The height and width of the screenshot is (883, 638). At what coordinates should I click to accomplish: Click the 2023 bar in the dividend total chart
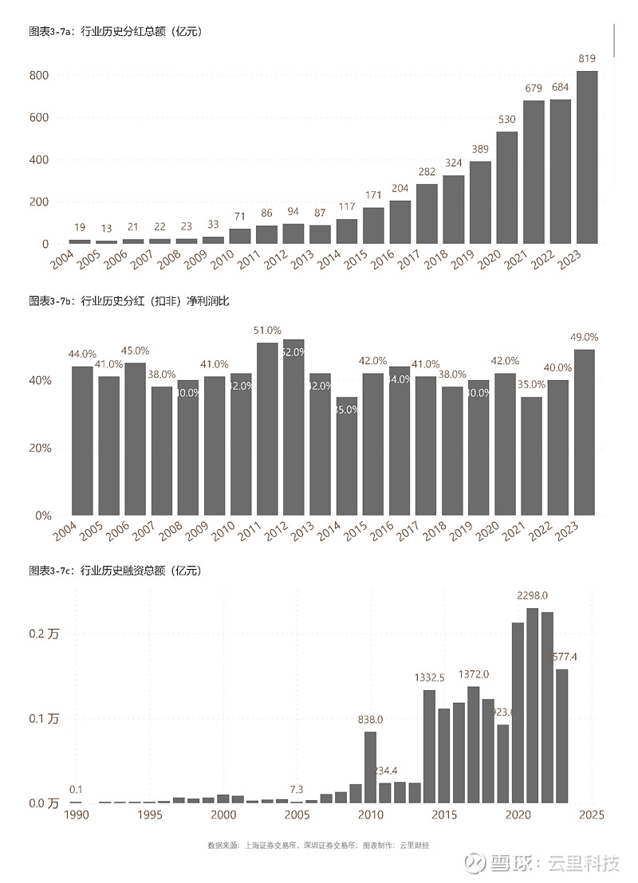click(x=587, y=157)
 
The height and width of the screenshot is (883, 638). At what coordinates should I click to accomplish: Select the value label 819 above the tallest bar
click(x=587, y=58)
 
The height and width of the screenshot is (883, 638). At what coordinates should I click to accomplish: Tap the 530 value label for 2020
click(x=507, y=120)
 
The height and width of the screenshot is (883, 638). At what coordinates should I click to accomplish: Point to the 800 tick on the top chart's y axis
click(x=39, y=76)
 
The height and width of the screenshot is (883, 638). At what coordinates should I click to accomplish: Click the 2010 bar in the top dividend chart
click(x=240, y=236)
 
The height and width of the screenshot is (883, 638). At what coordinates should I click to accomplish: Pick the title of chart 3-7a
click(x=114, y=32)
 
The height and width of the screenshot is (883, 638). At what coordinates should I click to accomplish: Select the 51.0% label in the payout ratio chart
click(x=267, y=330)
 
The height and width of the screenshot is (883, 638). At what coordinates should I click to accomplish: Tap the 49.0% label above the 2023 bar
click(x=585, y=337)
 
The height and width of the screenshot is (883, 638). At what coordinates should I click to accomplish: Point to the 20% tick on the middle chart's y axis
click(x=41, y=448)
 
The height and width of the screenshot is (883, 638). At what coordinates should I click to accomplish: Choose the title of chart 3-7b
click(x=128, y=300)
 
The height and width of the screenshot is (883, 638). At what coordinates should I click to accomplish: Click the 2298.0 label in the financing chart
click(x=532, y=595)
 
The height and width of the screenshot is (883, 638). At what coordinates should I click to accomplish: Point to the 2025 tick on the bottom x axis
click(x=592, y=815)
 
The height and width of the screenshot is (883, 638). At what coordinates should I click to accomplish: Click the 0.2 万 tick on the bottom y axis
click(x=44, y=634)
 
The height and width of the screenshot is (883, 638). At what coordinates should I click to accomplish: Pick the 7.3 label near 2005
click(x=296, y=790)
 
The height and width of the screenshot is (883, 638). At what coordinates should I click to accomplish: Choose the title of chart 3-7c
click(x=114, y=571)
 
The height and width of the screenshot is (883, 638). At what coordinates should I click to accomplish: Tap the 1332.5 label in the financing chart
click(x=431, y=677)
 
